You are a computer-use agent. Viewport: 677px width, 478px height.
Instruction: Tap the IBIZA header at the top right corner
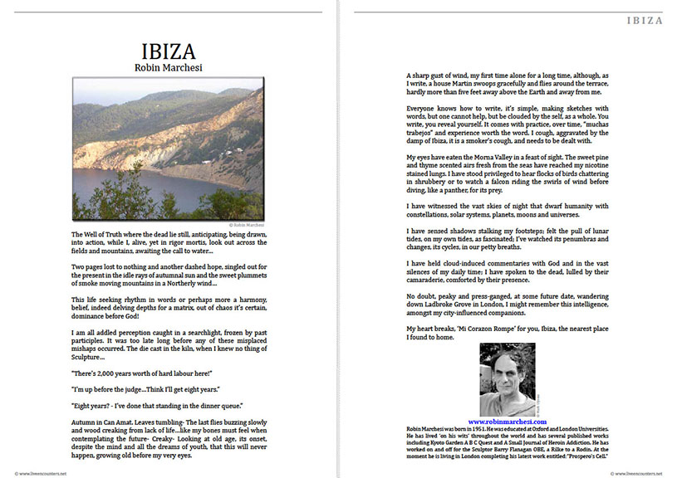(644, 21)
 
